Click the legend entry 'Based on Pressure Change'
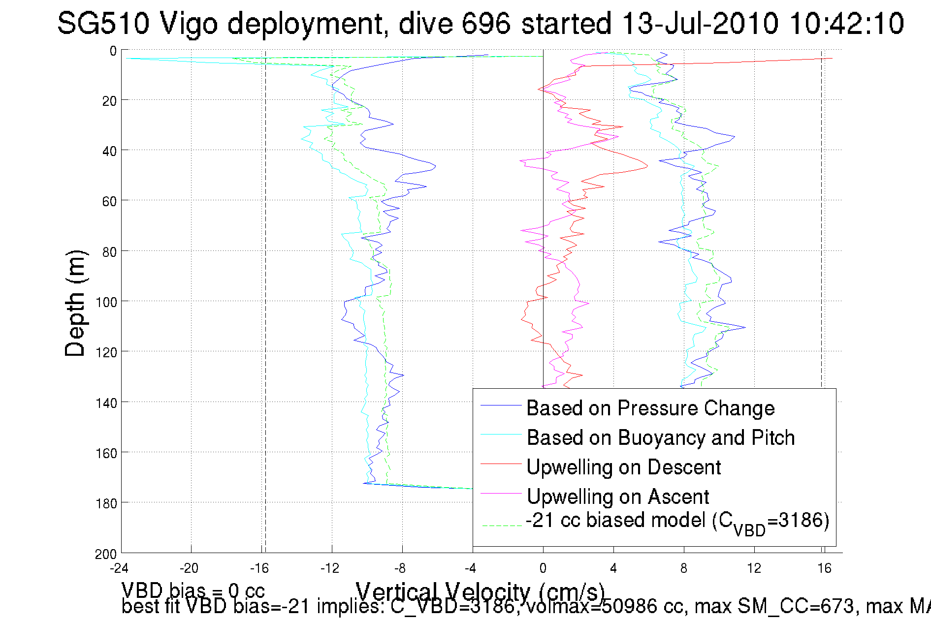tap(650, 408)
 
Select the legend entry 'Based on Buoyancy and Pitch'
tap(660, 437)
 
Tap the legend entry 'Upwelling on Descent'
tap(623, 467)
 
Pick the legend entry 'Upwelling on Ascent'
tap(617, 497)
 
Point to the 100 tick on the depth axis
tap(106, 302)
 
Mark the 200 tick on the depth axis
tap(106, 554)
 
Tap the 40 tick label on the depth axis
tap(109, 151)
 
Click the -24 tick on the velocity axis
tap(119, 568)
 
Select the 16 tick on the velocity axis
tap(824, 568)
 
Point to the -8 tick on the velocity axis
tap(401, 568)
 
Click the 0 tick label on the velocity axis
tap(543, 568)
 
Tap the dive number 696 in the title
tap(486, 24)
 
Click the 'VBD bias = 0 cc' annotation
tap(193, 590)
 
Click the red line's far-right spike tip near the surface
tap(832, 59)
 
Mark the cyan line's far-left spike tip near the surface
tap(126, 59)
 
